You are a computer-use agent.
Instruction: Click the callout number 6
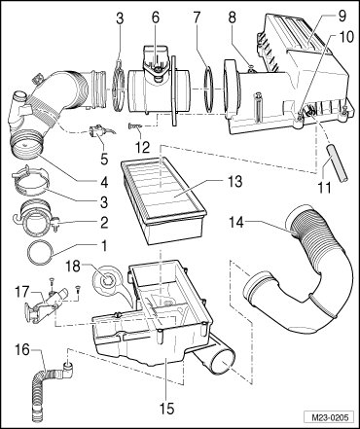pyautogui.click(x=156, y=18)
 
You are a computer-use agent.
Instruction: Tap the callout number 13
pyautogui.click(x=234, y=181)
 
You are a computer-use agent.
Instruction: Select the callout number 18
pyautogui.click(x=74, y=268)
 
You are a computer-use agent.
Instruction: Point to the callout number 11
pyautogui.click(x=324, y=188)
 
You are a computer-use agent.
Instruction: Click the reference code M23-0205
pyautogui.click(x=329, y=417)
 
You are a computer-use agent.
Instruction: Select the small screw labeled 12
pyautogui.click(x=135, y=126)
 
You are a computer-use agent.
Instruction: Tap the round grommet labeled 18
pyautogui.click(x=106, y=279)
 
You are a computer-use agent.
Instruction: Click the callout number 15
pyautogui.click(x=166, y=409)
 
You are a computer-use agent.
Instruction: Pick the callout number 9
pyautogui.click(x=342, y=16)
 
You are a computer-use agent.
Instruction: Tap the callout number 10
pyautogui.click(x=346, y=36)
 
